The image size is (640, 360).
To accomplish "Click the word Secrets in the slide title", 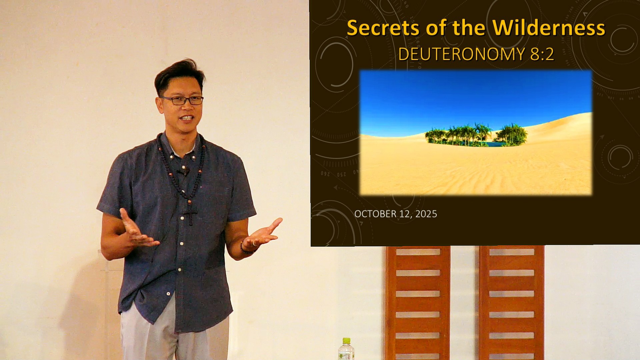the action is coord(383,28).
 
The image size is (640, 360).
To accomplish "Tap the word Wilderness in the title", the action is coord(549,28).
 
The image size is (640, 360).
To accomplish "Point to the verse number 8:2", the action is coord(542,54).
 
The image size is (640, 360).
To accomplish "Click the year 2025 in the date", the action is coord(426,214).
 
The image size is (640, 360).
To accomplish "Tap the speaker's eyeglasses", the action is coord(182,100).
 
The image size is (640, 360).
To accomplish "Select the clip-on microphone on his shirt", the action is coord(183,172).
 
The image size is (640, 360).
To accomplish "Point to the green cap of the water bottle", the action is coord(346,341).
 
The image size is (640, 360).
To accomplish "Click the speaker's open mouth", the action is coord(186,118).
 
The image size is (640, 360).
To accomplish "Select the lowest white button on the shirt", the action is coord(168,294).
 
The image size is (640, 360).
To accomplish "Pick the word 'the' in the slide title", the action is coord(469,28).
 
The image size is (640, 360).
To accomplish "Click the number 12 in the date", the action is coord(405,214).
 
